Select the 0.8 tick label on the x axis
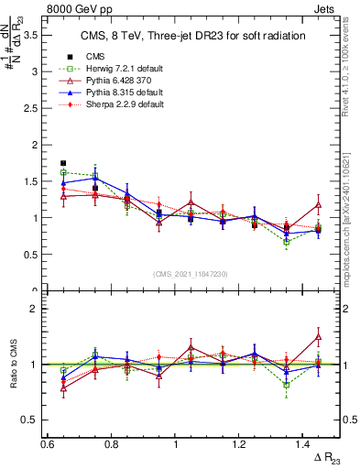111,444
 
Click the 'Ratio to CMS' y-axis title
11,364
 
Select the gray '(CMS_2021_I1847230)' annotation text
191,273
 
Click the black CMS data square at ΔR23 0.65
63,163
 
